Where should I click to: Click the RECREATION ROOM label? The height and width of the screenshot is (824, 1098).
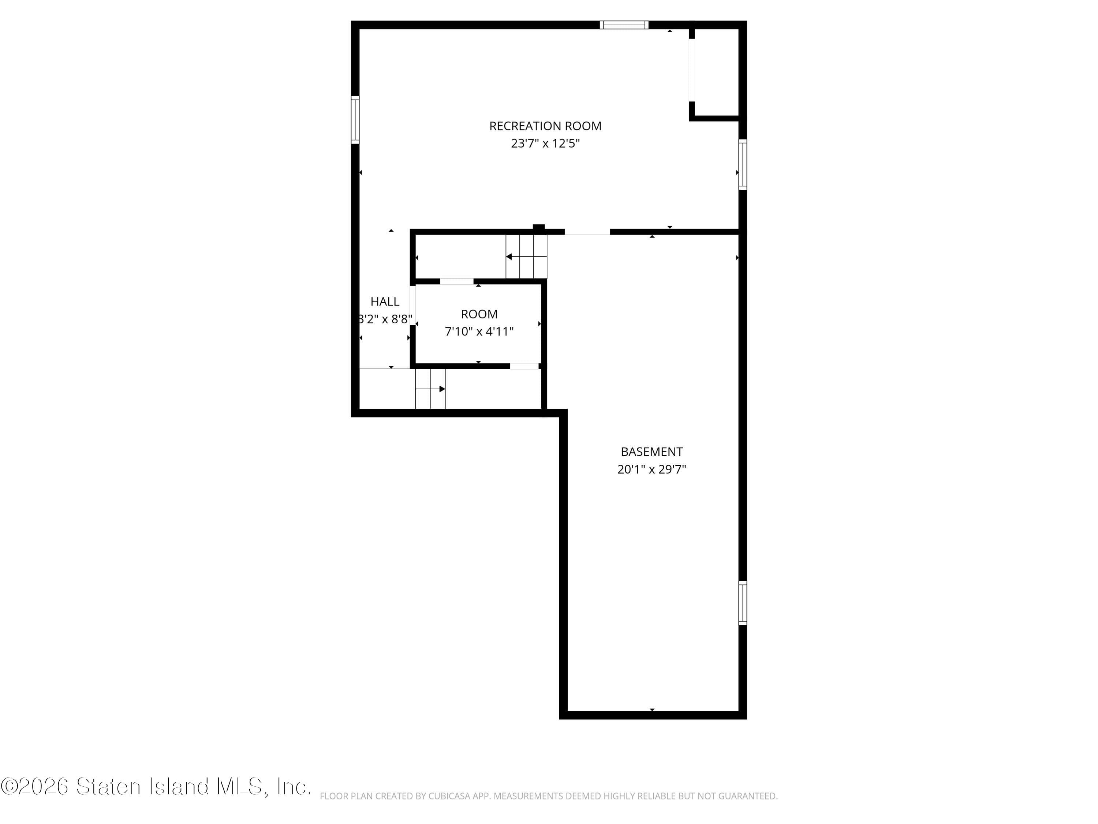(545, 126)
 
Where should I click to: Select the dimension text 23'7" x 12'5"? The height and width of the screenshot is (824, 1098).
(545, 144)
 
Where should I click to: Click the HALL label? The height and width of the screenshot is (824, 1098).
(385, 301)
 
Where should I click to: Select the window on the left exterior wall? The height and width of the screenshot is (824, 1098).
(355, 120)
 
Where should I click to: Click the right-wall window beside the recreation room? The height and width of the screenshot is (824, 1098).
(742, 164)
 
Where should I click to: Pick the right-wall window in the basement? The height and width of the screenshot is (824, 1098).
(742, 603)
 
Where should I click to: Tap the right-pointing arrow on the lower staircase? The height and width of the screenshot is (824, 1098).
(442, 389)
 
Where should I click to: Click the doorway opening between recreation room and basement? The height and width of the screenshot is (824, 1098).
(587, 232)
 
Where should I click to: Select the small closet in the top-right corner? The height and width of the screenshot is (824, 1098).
(716, 72)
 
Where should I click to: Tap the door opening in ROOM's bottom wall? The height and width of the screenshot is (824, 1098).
(524, 367)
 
